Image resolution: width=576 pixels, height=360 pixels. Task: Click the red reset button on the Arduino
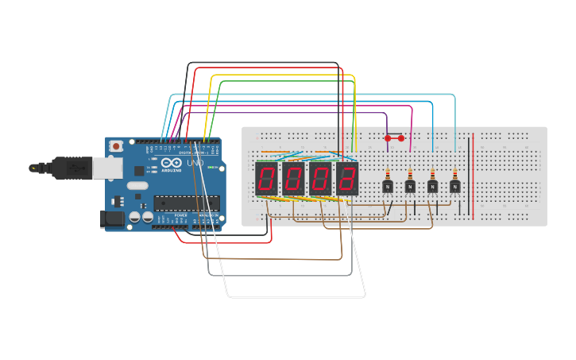tap(117, 146)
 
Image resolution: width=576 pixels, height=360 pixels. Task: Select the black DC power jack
tap(113, 219)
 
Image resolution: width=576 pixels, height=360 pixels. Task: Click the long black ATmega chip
tap(186, 203)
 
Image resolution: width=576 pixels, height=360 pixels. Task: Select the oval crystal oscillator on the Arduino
tap(137, 187)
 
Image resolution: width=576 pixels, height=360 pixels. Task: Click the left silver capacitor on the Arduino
tap(135, 216)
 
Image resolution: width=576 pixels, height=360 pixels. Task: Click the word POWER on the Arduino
tap(181, 215)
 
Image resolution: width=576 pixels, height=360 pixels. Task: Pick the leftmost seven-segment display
tap(266, 180)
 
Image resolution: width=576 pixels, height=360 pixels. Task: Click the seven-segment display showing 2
tap(347, 180)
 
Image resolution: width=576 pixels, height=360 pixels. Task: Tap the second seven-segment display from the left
tap(293, 180)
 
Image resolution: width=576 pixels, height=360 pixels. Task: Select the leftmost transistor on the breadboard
tap(388, 187)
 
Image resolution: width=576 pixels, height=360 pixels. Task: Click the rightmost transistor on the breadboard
tap(454, 187)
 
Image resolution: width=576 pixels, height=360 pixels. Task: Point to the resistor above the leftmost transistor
tap(388, 173)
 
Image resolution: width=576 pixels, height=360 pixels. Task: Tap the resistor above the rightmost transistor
tap(454, 173)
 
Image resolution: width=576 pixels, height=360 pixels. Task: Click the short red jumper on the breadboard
tap(394, 138)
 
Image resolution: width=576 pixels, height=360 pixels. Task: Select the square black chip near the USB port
tap(139, 170)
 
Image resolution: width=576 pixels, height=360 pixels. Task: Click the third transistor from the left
tap(432, 187)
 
